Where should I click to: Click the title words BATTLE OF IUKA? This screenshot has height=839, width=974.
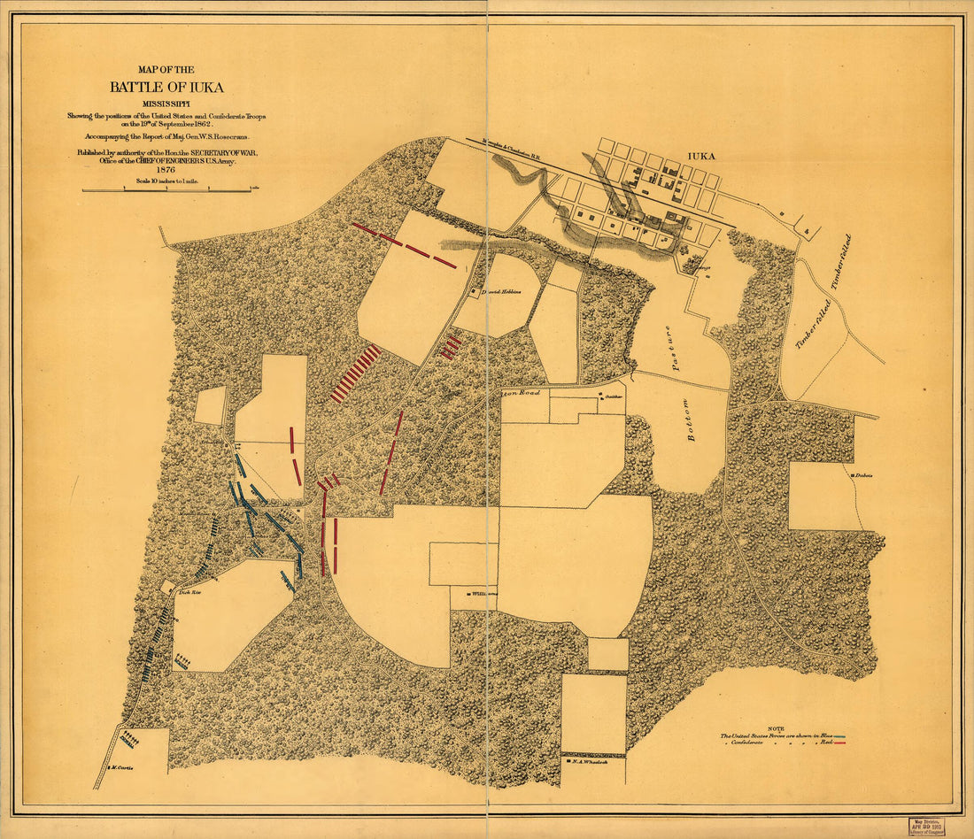(166, 87)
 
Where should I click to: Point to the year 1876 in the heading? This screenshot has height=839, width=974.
(166, 171)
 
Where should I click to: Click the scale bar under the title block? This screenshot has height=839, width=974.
(166, 189)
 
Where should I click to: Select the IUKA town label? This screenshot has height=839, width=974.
(700, 156)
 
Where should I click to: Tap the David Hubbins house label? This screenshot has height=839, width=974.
(498, 291)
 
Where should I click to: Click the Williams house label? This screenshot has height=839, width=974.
(483, 594)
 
